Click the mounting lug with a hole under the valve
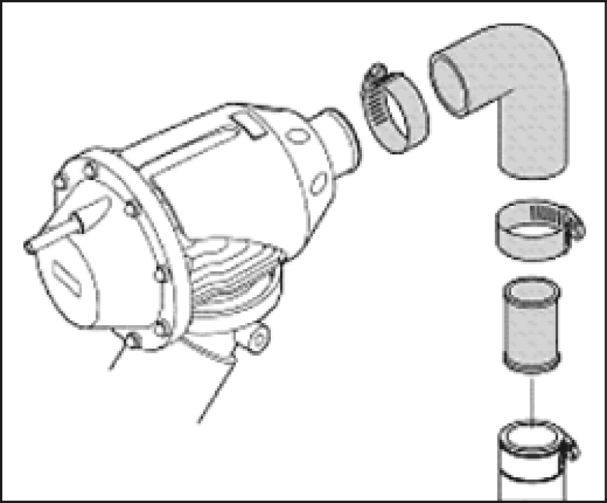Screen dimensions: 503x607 256,336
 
